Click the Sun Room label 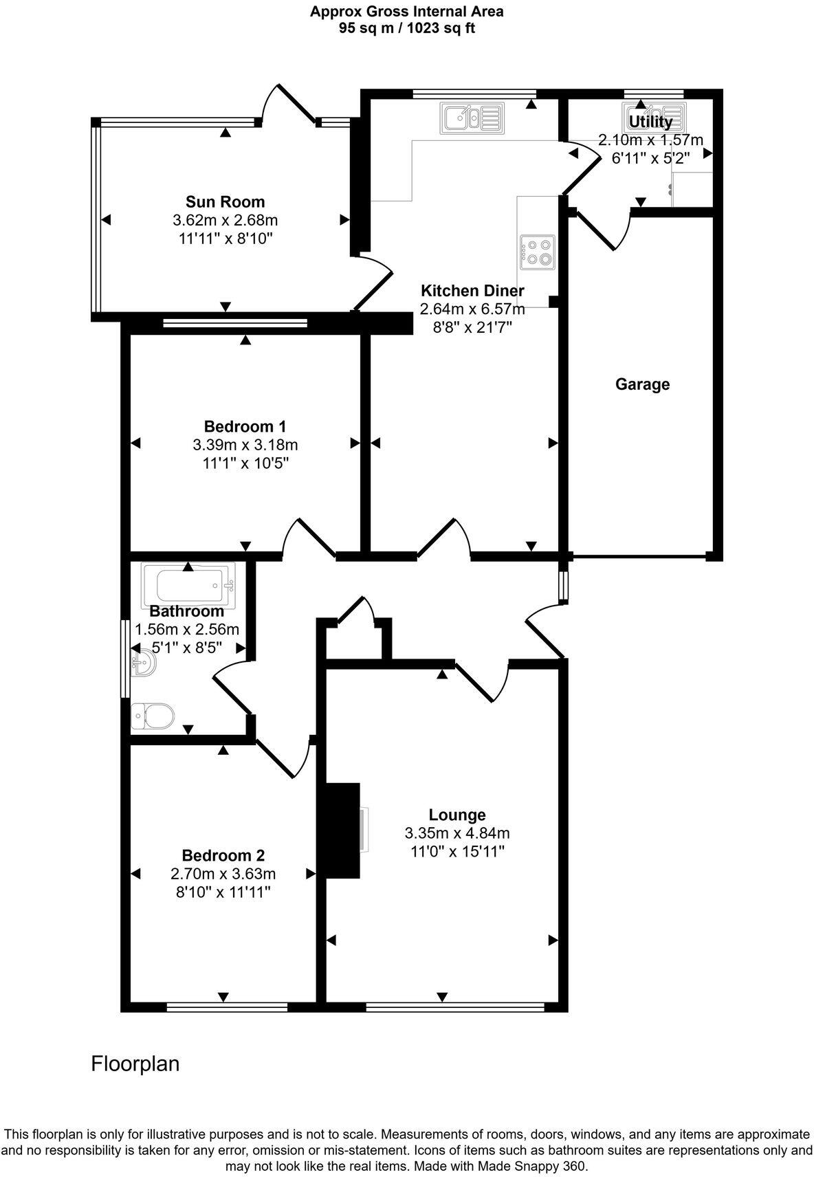[x=225, y=201]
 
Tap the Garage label [x=641, y=384]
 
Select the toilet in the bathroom [x=152, y=716]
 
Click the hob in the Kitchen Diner [x=538, y=250]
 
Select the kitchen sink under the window [x=474, y=118]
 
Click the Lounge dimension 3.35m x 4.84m [x=457, y=833]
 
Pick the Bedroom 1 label [x=245, y=426]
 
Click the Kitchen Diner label [x=472, y=290]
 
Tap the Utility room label [x=650, y=122]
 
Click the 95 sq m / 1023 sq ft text [x=406, y=28]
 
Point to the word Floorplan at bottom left [x=135, y=1064]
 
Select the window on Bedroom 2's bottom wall [x=227, y=1007]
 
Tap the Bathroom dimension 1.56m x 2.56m [x=187, y=629]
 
